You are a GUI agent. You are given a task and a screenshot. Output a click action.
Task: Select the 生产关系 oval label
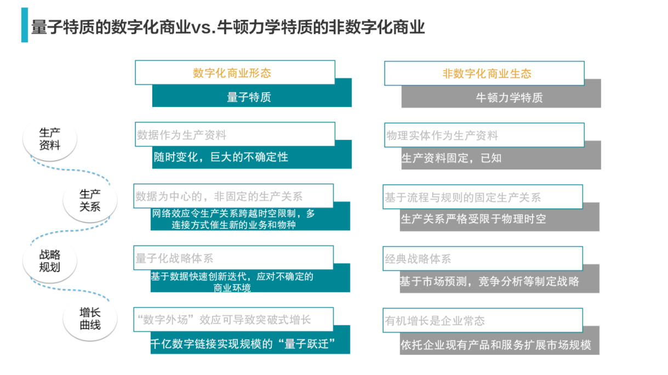[90, 200]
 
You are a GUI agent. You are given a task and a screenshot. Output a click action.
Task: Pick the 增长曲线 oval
[90, 319]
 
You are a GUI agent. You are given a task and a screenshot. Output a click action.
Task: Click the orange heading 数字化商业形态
[232, 73]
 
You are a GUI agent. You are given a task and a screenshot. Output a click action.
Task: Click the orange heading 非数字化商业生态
[487, 73]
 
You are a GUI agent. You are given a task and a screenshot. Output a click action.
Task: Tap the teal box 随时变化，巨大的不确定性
[220, 157]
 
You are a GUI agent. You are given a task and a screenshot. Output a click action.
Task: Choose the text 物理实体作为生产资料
[442, 135]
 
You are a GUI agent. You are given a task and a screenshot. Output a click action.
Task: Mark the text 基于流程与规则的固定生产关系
[463, 197]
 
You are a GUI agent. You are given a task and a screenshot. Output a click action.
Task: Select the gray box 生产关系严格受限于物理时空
[473, 219]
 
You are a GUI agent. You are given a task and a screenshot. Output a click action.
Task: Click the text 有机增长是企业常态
[435, 321]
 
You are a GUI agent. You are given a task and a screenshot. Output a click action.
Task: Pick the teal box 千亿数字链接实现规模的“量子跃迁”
[242, 344]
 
